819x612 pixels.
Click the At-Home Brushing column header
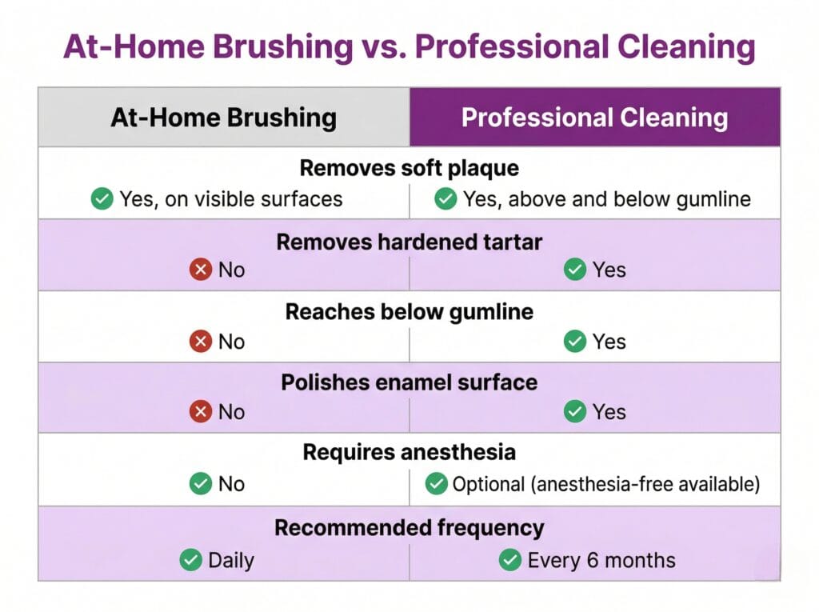223,118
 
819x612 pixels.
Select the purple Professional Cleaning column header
594,118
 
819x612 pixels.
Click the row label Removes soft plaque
409,169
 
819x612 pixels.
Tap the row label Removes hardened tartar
409,242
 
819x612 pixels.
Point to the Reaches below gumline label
409,312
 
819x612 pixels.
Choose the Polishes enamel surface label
409,382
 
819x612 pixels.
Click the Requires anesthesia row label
409,453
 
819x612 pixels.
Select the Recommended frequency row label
409,528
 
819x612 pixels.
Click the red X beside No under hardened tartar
200,270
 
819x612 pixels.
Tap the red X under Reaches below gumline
200,342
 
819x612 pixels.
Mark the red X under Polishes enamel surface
200,412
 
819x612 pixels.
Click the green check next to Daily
190,560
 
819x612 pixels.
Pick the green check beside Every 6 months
509,560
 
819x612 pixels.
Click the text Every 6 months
601,560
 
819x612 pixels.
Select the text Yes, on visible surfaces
230,198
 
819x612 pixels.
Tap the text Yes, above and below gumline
607,198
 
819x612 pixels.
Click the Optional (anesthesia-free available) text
605,484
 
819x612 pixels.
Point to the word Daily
231,560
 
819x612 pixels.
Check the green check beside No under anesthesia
200,484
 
